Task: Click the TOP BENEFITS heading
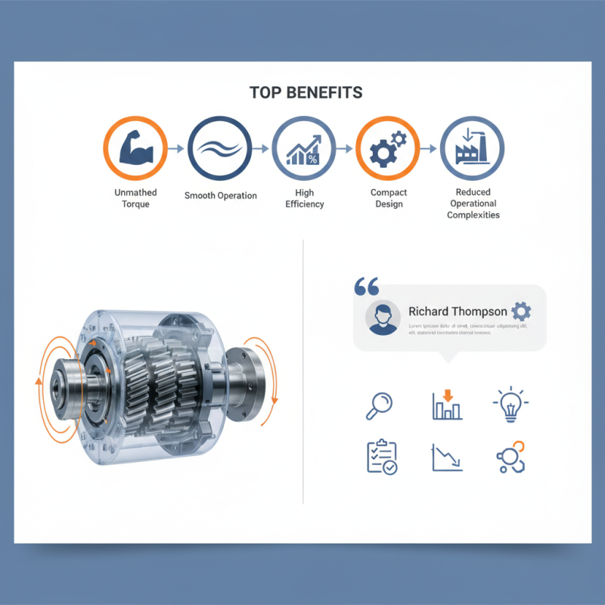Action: point(306,92)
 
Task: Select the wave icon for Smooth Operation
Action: point(220,147)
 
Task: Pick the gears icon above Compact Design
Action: point(387,148)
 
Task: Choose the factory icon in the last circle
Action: point(473,148)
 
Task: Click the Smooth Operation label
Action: point(220,196)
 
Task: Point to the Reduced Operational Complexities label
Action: point(473,203)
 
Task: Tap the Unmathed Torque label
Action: point(136,198)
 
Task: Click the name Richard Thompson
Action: point(458,312)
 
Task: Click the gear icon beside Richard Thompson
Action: point(521,312)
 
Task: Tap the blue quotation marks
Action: point(366,287)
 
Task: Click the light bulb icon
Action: point(510,405)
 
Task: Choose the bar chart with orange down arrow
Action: point(447,405)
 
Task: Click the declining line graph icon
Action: point(447,458)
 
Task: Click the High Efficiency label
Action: point(304,198)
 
